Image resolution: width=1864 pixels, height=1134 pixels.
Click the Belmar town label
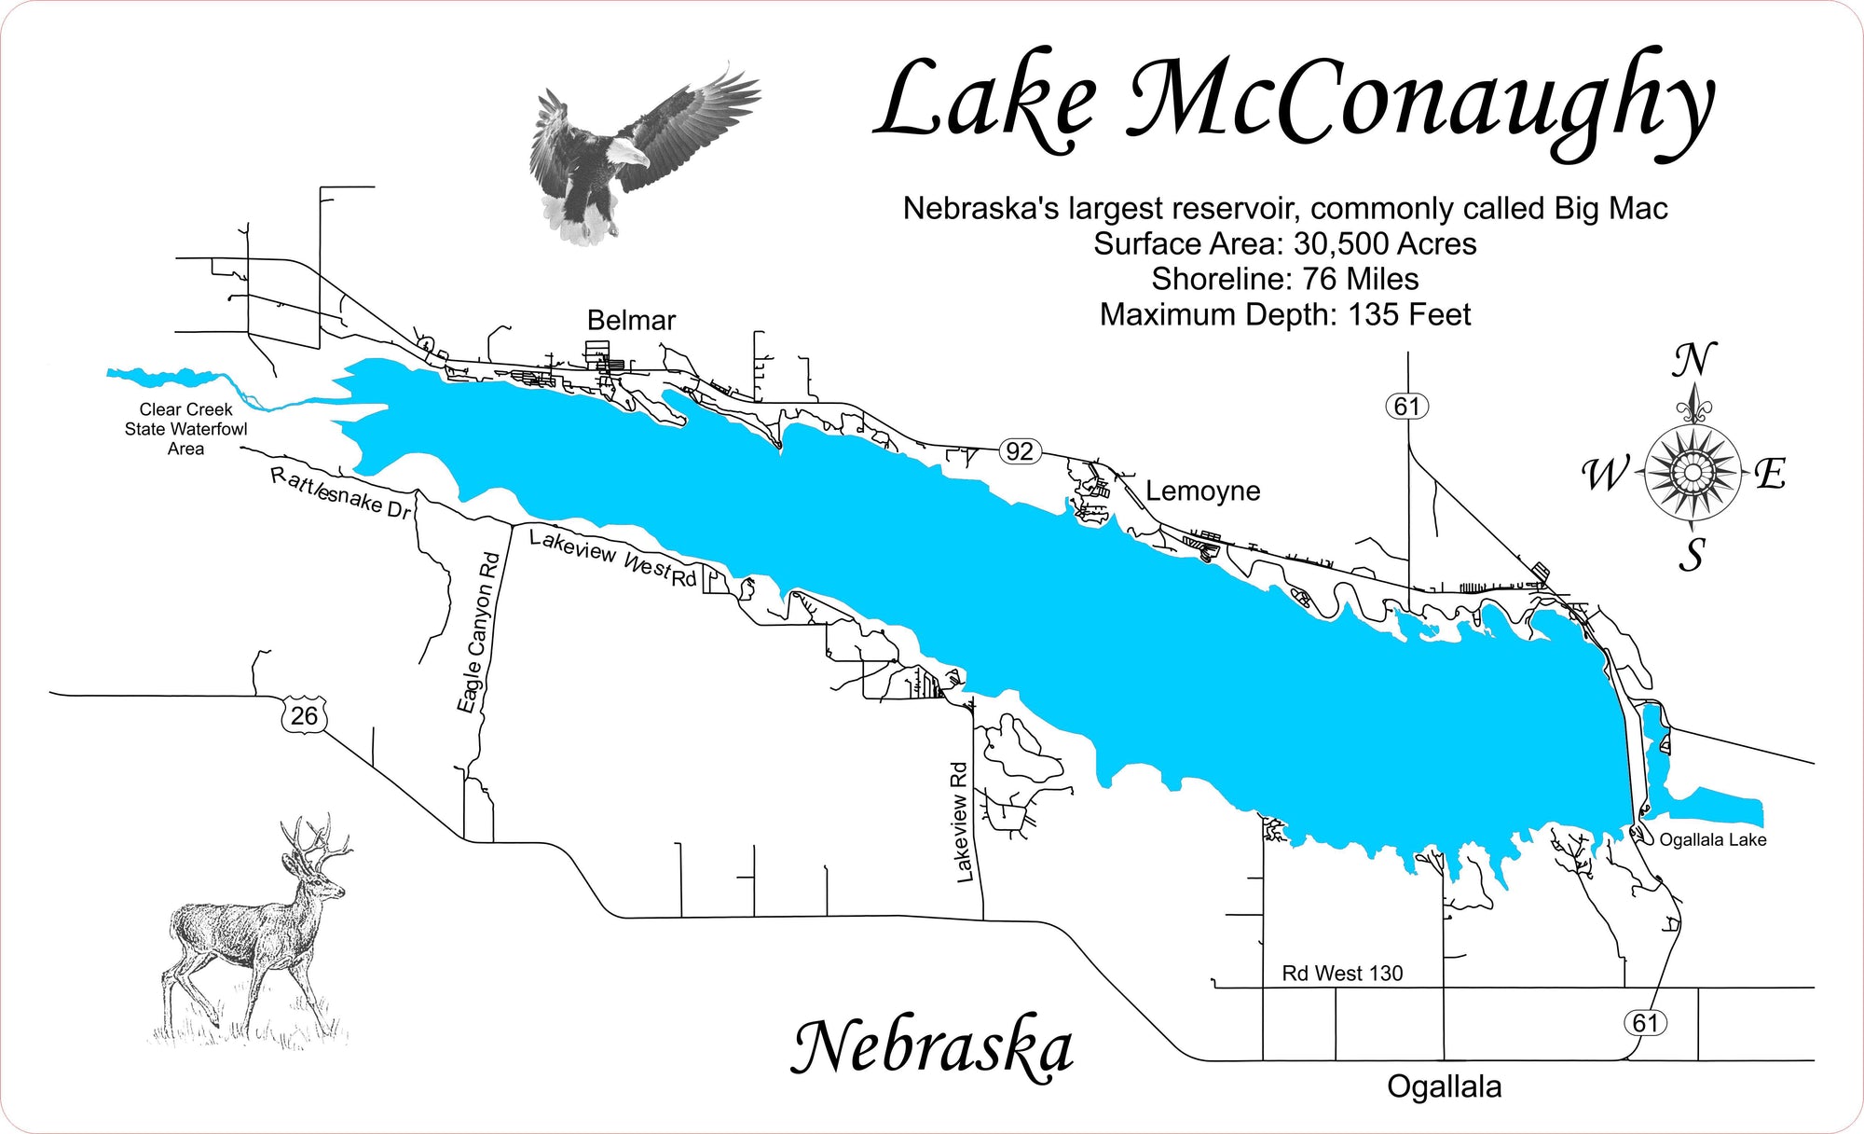point(631,321)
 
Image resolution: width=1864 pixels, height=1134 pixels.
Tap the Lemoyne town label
point(1202,491)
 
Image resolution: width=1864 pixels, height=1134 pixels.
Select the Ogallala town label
point(1444,1086)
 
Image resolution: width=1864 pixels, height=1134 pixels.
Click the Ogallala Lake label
point(1712,840)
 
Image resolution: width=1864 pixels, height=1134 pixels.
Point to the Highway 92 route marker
point(1019,451)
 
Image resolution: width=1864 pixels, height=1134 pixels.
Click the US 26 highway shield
point(304,715)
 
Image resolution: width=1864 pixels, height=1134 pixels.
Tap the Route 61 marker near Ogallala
point(1645,1023)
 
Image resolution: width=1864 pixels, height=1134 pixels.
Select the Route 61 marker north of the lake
point(1406,407)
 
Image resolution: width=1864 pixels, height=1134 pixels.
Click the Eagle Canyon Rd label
point(478,632)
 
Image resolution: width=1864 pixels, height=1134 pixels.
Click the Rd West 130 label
point(1342,974)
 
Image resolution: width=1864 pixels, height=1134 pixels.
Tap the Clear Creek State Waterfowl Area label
point(186,429)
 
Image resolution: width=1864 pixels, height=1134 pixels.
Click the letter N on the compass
point(1693,360)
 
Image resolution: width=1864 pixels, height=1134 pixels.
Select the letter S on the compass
point(1692,555)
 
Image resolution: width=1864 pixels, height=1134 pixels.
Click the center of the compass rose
point(1692,472)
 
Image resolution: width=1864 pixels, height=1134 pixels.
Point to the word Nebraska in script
point(932,1048)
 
